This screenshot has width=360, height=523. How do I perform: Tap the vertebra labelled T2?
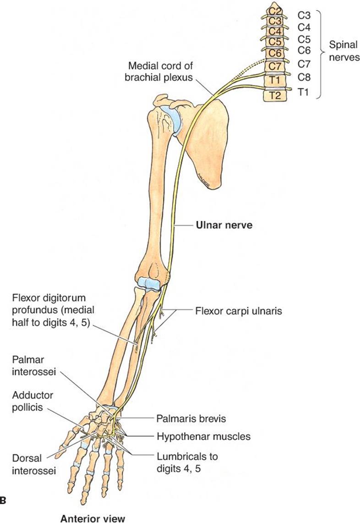[x=274, y=95]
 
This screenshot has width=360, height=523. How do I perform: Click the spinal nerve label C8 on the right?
[x=305, y=77]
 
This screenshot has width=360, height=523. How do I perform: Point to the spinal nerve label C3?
[x=305, y=15]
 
